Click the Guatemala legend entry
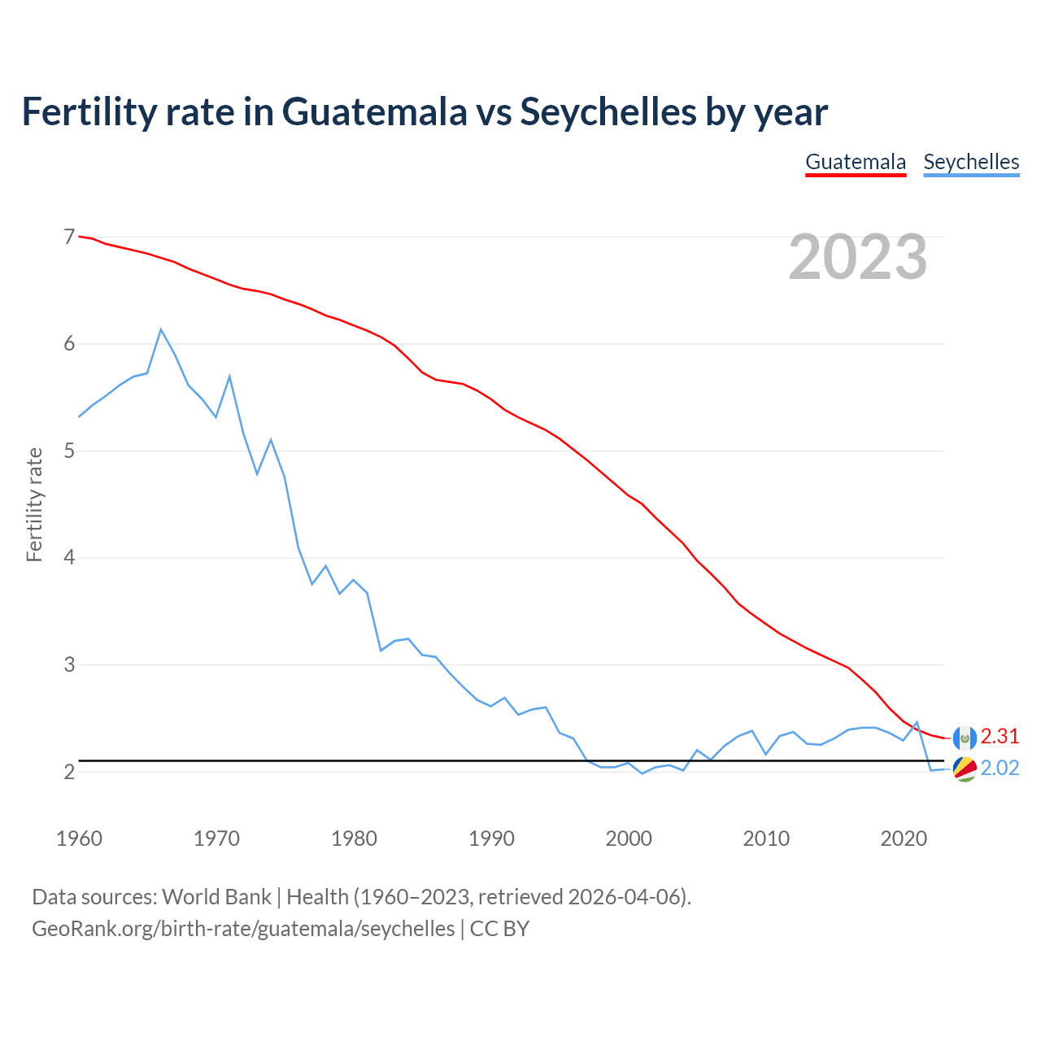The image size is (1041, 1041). pyautogui.click(x=856, y=162)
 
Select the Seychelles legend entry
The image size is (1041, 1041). pyautogui.click(x=971, y=162)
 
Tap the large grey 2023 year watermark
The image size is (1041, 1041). pyautogui.click(x=858, y=257)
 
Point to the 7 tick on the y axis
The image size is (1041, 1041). pyautogui.click(x=69, y=237)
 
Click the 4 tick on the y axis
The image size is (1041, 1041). pyautogui.click(x=69, y=558)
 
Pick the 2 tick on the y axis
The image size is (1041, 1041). pyautogui.click(x=69, y=772)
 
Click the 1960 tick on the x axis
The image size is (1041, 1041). pyautogui.click(x=79, y=838)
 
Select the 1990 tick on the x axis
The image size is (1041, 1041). pyautogui.click(x=491, y=838)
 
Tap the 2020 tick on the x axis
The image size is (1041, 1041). pyautogui.click(x=904, y=838)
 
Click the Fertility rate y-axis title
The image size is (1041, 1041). pyautogui.click(x=34, y=504)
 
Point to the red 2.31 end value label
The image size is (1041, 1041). pyautogui.click(x=1000, y=736)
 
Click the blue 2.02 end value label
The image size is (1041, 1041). pyautogui.click(x=1000, y=769)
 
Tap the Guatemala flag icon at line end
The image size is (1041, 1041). pyautogui.click(x=965, y=738)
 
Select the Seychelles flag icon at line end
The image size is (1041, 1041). pyautogui.click(x=965, y=769)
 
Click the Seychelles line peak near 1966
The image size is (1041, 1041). pyautogui.click(x=161, y=329)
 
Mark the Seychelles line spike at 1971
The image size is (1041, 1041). pyautogui.click(x=230, y=377)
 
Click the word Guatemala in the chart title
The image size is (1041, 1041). pyautogui.click(x=375, y=111)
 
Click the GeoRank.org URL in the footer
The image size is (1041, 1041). pyautogui.click(x=243, y=929)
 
